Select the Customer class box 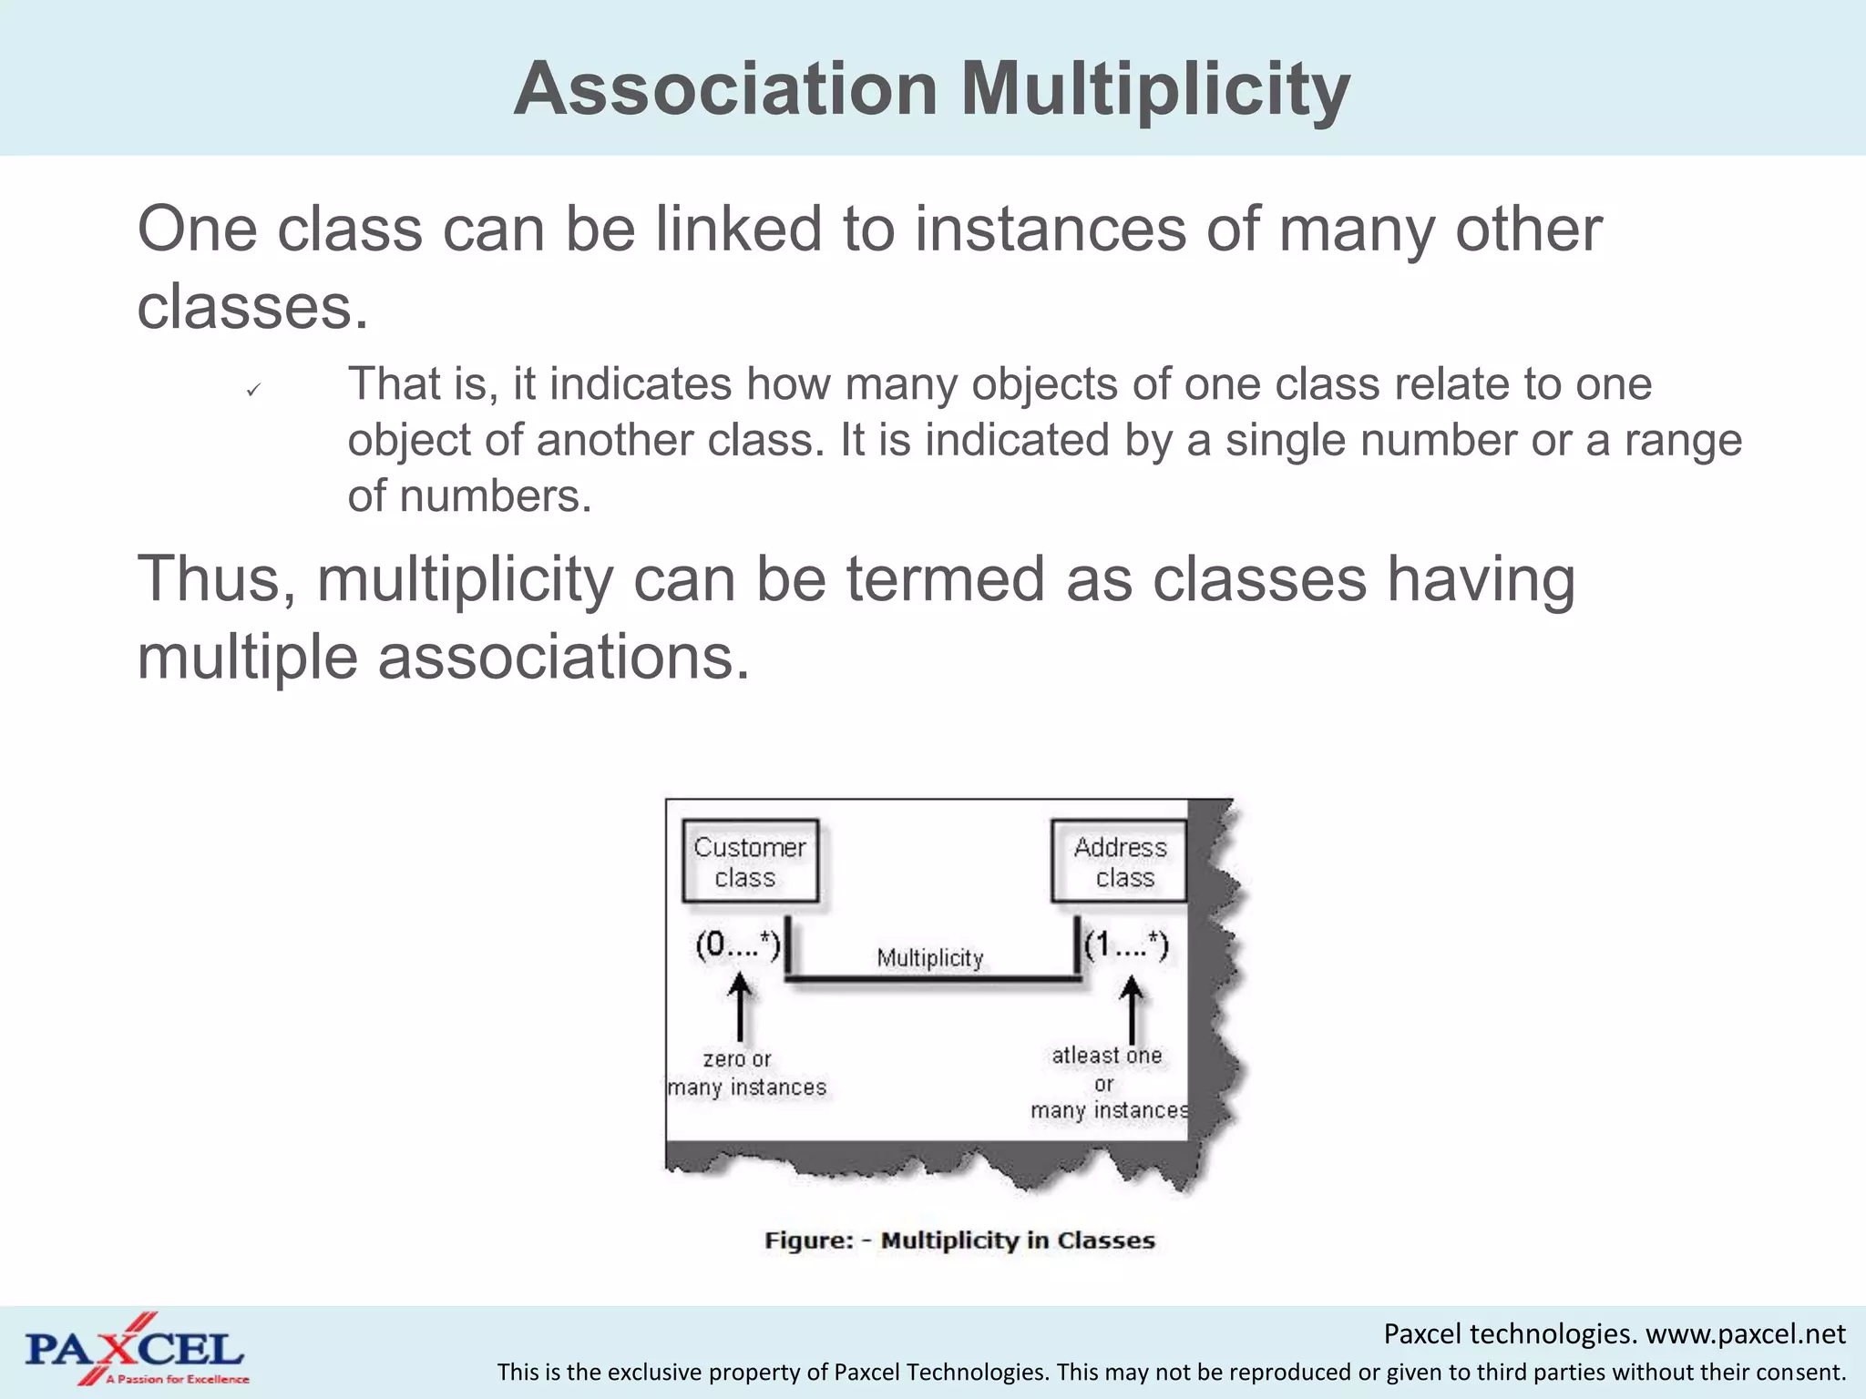coord(750,862)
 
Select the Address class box coord(1120,862)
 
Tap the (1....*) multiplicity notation coord(1126,945)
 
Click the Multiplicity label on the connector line coord(929,958)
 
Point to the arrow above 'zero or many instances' coord(740,1007)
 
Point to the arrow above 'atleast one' coord(1132,1009)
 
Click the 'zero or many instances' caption coord(746,1073)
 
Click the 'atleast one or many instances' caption coord(1108,1083)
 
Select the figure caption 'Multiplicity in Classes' coord(1017,1241)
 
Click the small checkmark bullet coord(253,390)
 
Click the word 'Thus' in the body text coord(215,579)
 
